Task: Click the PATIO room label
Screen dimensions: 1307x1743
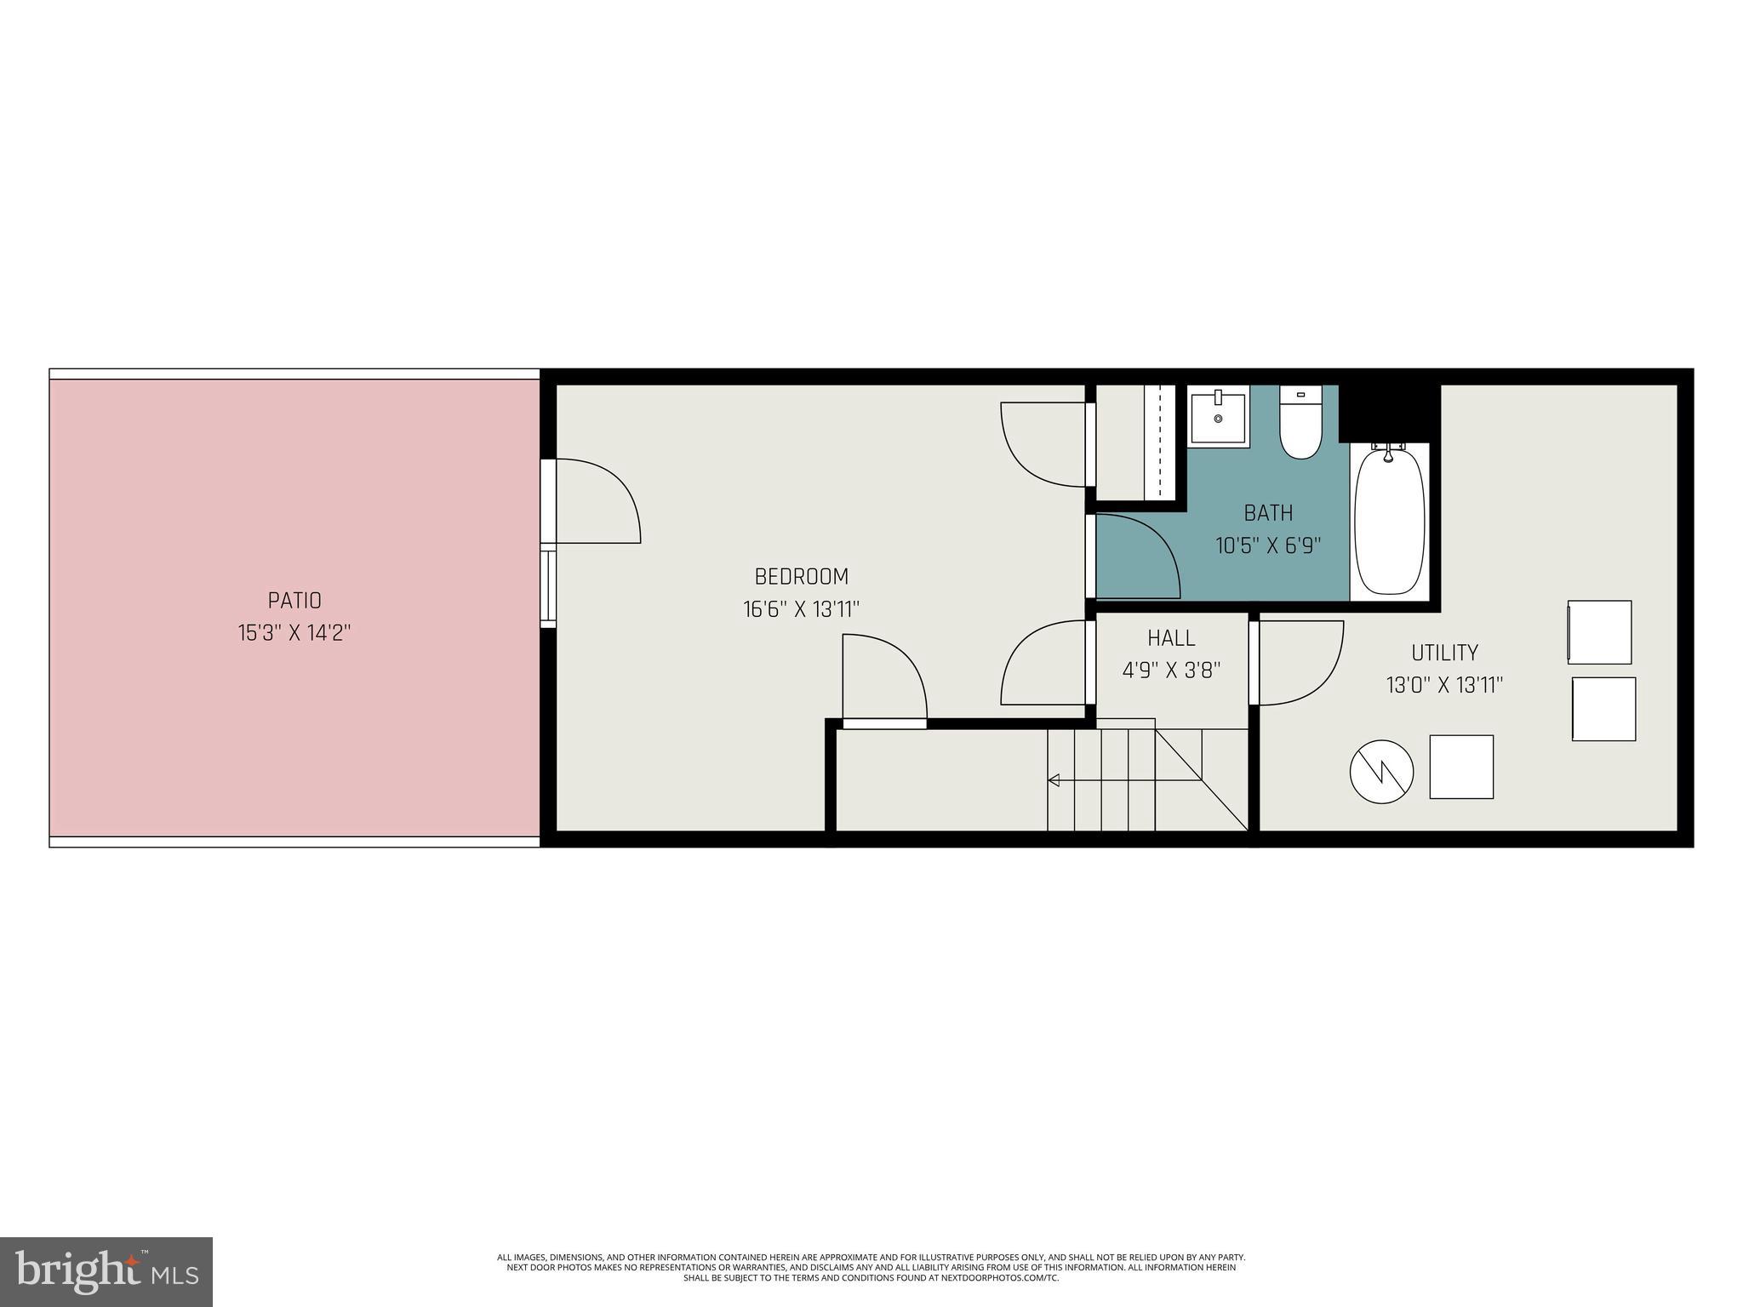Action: [294, 601]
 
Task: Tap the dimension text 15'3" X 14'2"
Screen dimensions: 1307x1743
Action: [294, 633]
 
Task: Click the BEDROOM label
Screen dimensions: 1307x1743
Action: [802, 577]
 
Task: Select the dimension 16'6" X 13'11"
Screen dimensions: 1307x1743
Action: [802, 609]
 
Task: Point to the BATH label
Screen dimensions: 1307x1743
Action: [1268, 513]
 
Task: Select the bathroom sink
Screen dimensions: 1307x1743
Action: [1218, 417]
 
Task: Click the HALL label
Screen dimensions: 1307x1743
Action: [1171, 638]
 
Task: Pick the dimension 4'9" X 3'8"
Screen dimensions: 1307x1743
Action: [1171, 671]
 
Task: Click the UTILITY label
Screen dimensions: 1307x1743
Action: [1444, 653]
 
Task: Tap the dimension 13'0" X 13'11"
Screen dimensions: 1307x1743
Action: [1444, 685]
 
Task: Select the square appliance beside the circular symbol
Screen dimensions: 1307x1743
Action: [1461, 767]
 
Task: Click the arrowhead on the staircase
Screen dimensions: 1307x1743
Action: [1054, 780]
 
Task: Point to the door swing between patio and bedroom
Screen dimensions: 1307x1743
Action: [596, 502]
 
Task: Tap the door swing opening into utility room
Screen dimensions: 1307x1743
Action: [1298, 663]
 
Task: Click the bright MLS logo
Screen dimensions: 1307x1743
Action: [106, 1271]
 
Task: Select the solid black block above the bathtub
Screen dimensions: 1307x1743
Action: [1389, 412]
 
